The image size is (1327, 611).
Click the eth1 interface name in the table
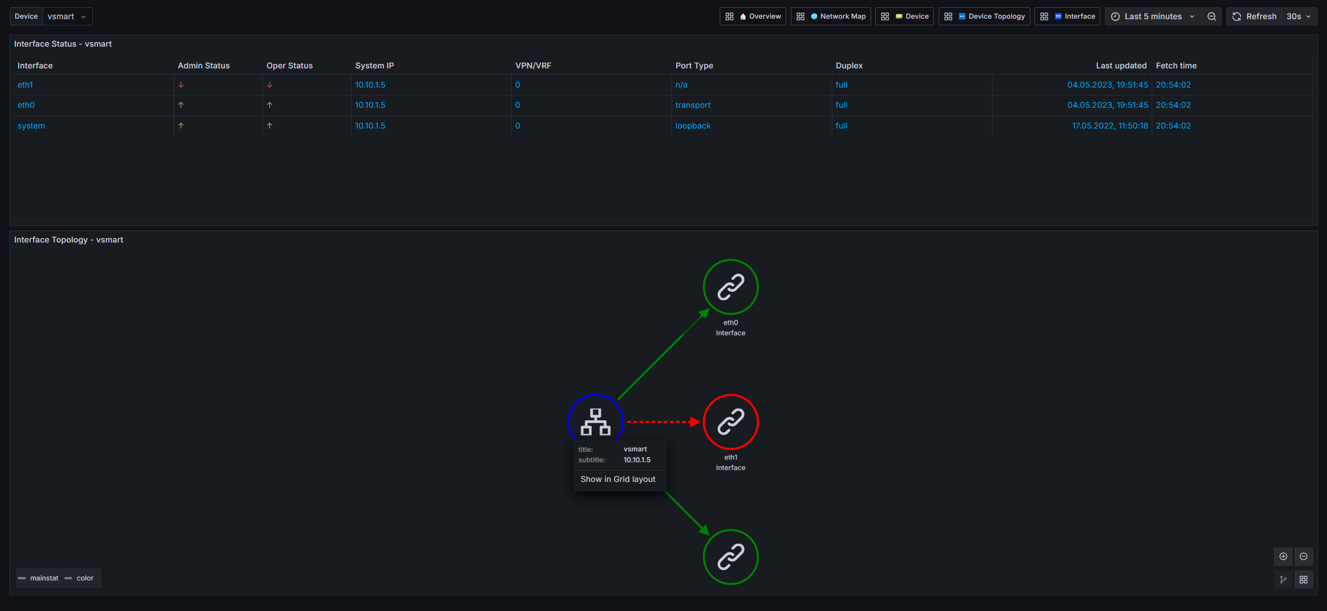(x=25, y=85)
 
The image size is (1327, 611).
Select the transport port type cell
(x=692, y=105)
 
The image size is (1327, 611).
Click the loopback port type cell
(x=693, y=126)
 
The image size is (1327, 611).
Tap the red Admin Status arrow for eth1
(x=181, y=85)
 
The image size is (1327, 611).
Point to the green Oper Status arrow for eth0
(x=270, y=105)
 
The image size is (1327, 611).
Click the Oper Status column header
(x=289, y=66)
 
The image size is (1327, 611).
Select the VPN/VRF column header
(x=533, y=66)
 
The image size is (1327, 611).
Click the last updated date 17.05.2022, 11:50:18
(x=1110, y=126)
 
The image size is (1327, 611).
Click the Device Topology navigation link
(x=984, y=17)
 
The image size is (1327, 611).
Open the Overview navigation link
(x=753, y=17)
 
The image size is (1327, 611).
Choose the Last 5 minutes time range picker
(x=1153, y=17)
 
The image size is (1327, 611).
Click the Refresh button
(x=1254, y=17)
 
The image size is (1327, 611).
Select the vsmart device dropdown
(x=67, y=17)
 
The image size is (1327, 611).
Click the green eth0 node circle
(x=731, y=260)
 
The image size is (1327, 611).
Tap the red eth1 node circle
(x=731, y=395)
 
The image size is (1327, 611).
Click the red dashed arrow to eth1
(x=664, y=422)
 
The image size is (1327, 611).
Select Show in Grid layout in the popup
(x=618, y=479)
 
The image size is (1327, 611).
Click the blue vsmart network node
(x=595, y=395)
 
